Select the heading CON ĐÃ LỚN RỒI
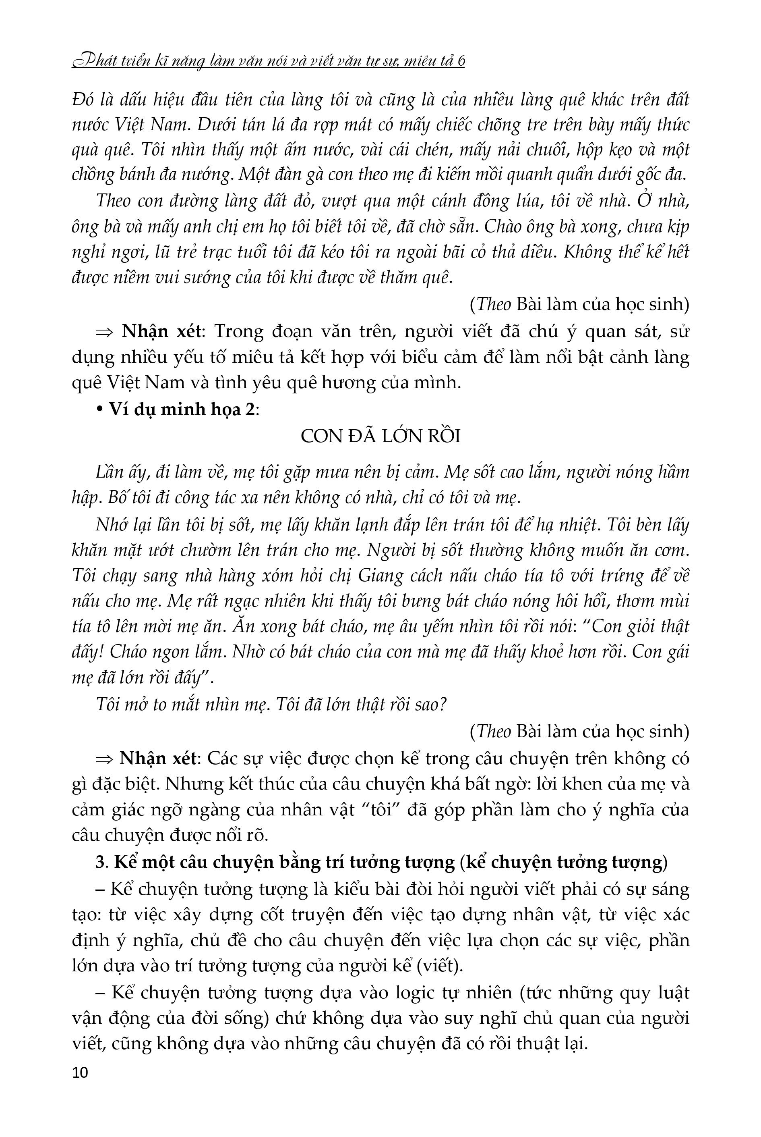pos(380,436)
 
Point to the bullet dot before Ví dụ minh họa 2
pos(101,409)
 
